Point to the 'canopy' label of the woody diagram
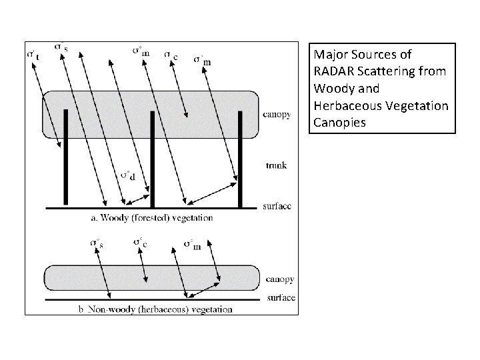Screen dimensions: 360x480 tap(277, 114)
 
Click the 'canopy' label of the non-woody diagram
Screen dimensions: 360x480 tap(279, 279)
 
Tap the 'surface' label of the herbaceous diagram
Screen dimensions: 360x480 tap(280, 297)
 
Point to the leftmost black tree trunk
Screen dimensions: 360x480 tap(65, 157)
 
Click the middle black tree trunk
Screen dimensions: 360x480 tap(153, 160)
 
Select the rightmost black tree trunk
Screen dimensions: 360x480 tap(240, 160)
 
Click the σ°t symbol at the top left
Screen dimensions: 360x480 tap(33, 54)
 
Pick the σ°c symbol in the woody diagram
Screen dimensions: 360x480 tap(171, 56)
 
